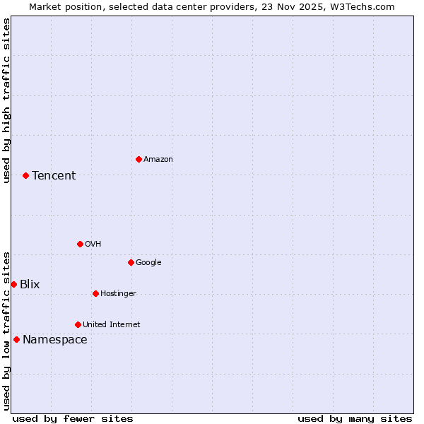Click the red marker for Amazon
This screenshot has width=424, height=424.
[139, 159]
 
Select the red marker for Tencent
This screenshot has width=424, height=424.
[25, 175]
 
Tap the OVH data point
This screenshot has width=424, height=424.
[80, 244]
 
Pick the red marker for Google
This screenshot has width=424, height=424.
[131, 262]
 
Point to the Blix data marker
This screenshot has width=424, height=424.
[13, 284]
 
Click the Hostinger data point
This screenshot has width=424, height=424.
[95, 293]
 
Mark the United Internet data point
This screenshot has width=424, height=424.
[78, 324]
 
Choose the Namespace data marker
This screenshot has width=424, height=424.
[16, 339]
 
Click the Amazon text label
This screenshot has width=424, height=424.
[158, 160]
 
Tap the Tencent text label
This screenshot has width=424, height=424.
[54, 176]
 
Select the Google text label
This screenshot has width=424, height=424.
[148, 263]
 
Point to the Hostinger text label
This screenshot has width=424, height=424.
[118, 294]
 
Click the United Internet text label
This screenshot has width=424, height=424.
[112, 325]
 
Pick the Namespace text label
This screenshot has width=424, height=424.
[55, 340]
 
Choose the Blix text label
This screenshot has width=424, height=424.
[30, 285]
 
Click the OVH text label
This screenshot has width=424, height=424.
[93, 245]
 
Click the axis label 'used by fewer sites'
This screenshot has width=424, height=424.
[73, 418]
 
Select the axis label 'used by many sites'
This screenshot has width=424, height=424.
[355, 418]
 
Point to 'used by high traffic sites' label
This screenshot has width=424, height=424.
[6, 100]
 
